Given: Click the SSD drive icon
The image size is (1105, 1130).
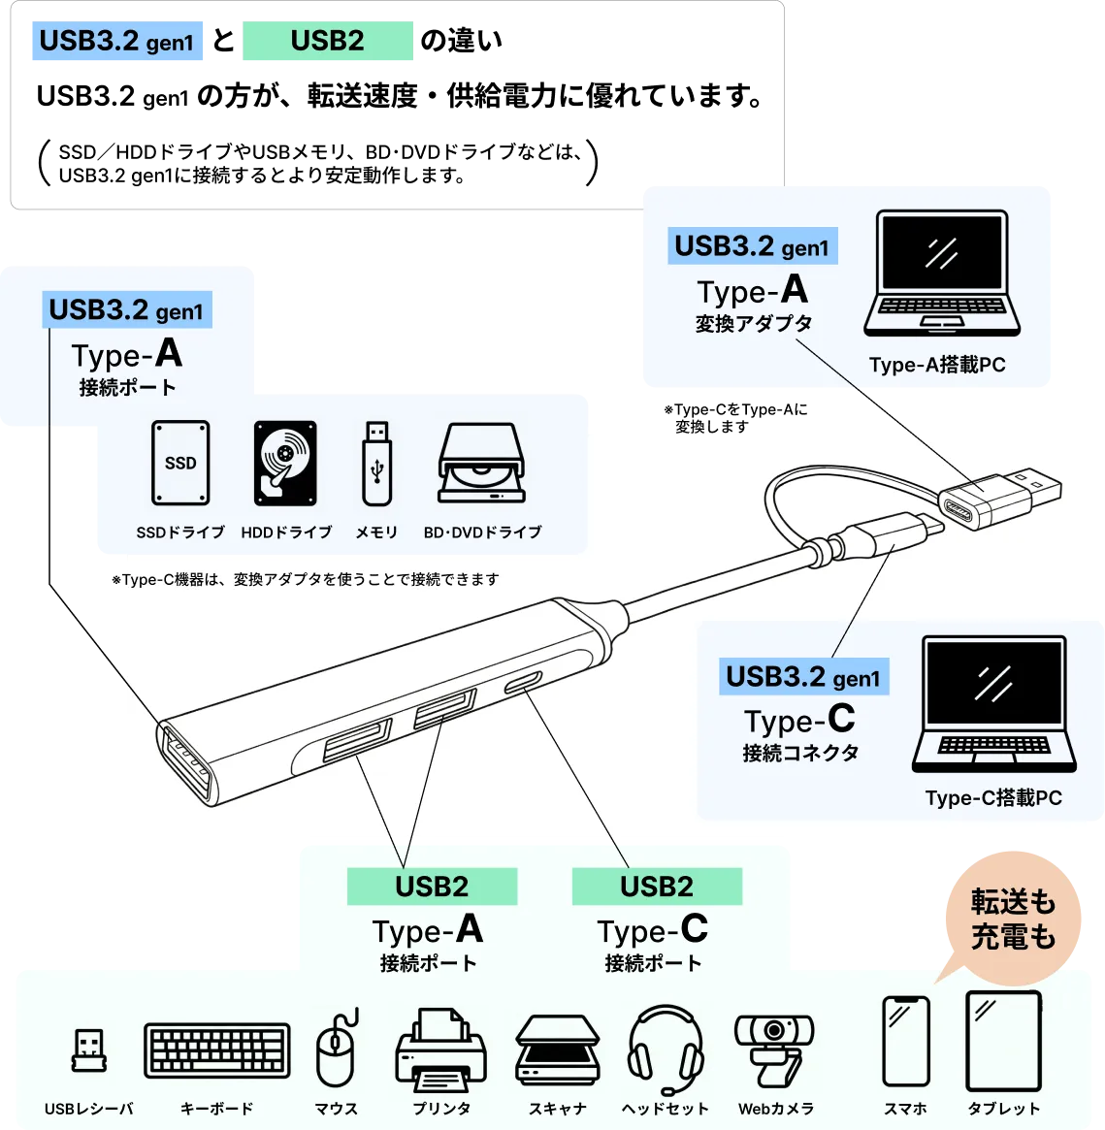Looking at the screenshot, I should [180, 463].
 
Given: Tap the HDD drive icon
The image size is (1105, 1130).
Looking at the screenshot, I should [285, 463].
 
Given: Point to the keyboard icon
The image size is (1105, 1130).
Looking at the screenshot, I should [217, 1050].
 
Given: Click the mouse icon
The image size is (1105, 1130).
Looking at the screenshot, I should [336, 1048].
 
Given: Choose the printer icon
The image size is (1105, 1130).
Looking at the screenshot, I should [440, 1049].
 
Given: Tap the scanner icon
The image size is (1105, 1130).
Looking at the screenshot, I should [558, 1050].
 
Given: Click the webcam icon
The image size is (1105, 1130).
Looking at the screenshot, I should [774, 1049].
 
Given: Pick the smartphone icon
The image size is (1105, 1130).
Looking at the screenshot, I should [906, 1042].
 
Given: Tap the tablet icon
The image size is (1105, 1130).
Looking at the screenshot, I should [1004, 1041].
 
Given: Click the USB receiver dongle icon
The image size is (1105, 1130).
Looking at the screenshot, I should [89, 1049].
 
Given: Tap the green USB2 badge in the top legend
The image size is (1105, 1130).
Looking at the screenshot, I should [329, 41].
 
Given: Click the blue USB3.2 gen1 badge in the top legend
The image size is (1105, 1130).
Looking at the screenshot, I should [119, 42].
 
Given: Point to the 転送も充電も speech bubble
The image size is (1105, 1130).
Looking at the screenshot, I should [1013, 919].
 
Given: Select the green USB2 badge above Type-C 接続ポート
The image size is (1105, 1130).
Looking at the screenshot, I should [657, 887].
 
